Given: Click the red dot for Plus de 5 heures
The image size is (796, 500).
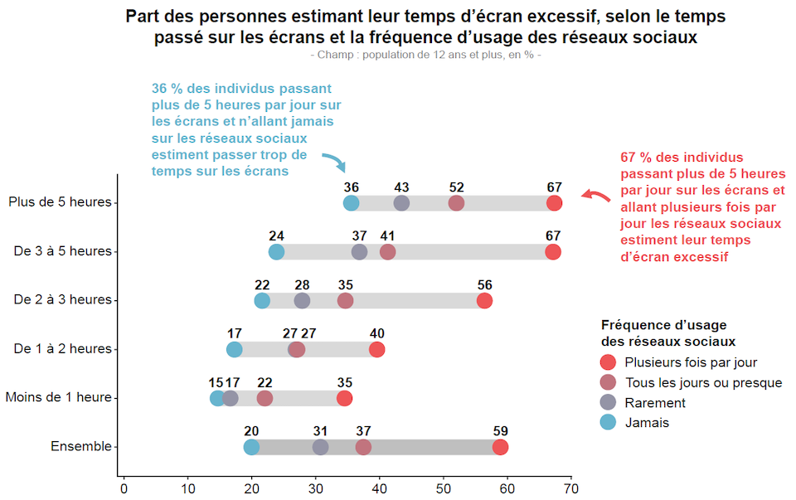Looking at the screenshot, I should pos(554,203).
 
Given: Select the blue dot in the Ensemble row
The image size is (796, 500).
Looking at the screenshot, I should pos(251,447).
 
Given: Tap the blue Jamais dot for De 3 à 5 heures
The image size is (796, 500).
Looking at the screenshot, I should pos(276,252).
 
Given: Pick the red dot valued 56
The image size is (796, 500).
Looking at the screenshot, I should pos(484,301).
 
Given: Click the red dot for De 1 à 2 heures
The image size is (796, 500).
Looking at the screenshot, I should pos(377,350).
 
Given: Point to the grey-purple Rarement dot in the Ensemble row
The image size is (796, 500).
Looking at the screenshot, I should pos(320,447).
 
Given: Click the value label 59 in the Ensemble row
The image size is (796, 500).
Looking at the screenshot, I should pos(500,430).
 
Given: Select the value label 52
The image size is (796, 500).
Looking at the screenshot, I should pos(456,187).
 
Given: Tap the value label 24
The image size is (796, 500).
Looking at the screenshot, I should pos(276,235).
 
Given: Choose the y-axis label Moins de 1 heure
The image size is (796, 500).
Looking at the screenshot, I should pos(58,397).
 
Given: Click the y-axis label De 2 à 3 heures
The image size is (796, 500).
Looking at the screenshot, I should pos(62,299).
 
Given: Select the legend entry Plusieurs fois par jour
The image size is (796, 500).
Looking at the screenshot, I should pos(690,362).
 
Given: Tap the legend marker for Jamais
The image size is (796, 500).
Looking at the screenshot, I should pos(609,422).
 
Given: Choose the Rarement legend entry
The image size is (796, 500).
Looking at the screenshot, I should pos(654,402).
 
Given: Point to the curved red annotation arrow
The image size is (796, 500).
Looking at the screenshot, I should pos(594,195).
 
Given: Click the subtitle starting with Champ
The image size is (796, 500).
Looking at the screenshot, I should pos(425,55).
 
